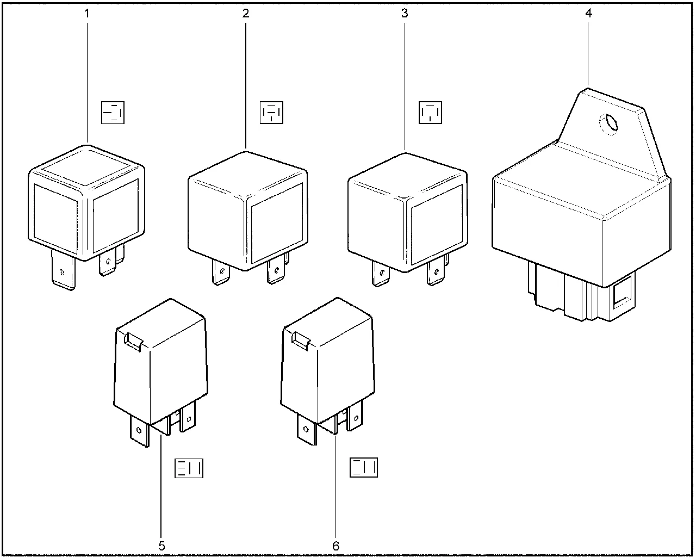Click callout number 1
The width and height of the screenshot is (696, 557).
point(86,14)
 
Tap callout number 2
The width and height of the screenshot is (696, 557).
point(246,14)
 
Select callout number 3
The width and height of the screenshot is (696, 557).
point(405,14)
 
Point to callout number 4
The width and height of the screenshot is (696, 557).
point(589,13)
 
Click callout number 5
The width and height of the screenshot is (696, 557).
point(161,546)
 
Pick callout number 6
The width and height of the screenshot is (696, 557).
point(335,546)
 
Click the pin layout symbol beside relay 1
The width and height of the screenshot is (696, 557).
point(113,113)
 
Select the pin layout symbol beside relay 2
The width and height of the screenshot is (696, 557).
point(271,113)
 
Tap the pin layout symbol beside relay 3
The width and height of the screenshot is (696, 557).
point(430,113)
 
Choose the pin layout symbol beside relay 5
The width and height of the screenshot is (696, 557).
point(189,468)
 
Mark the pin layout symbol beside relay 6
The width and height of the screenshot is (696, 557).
point(364,467)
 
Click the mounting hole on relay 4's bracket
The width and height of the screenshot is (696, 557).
point(608,124)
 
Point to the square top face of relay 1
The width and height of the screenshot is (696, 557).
point(86,168)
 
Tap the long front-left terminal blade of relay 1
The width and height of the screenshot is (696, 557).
point(64,269)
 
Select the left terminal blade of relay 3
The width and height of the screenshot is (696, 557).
point(381,274)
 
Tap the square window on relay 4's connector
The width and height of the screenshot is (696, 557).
point(622,292)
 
